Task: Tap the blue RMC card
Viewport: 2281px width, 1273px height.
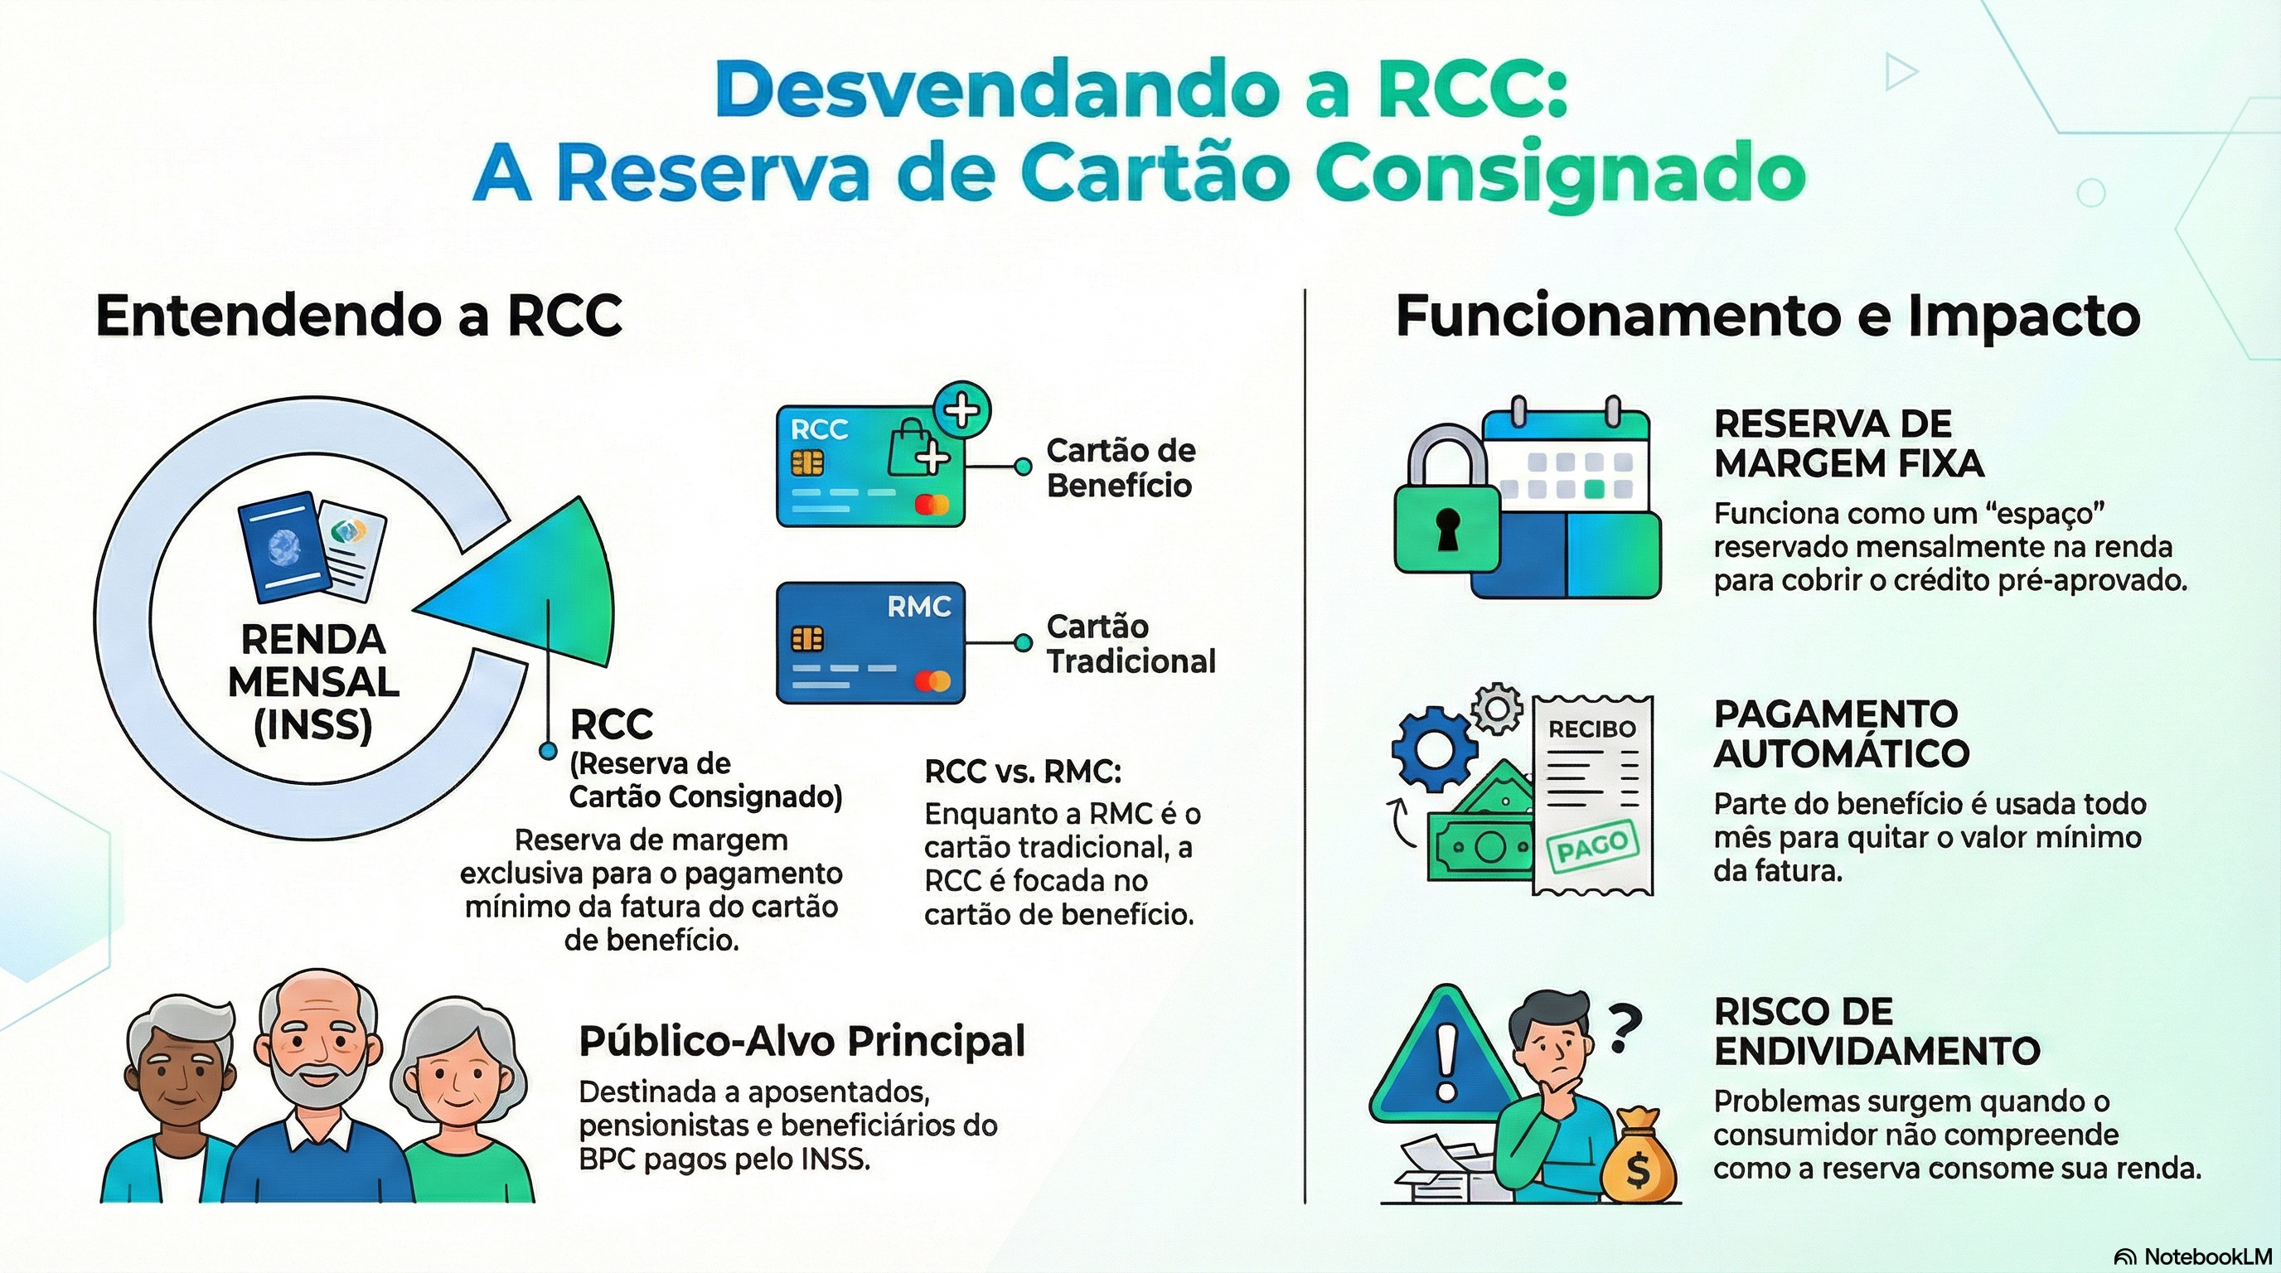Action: pyautogui.click(x=869, y=642)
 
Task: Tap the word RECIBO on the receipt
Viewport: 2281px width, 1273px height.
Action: pyautogui.click(x=1591, y=729)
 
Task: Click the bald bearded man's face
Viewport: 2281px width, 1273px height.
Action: pyautogui.click(x=317, y=1044)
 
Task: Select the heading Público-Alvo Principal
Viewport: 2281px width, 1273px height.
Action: pyautogui.click(x=801, y=1041)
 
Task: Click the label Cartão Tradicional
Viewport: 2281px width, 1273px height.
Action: pyautogui.click(x=1131, y=644)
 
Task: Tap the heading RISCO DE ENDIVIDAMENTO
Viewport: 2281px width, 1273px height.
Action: pyautogui.click(x=1877, y=1031)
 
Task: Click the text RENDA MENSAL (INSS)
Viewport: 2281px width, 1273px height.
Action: pyautogui.click(x=313, y=681)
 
